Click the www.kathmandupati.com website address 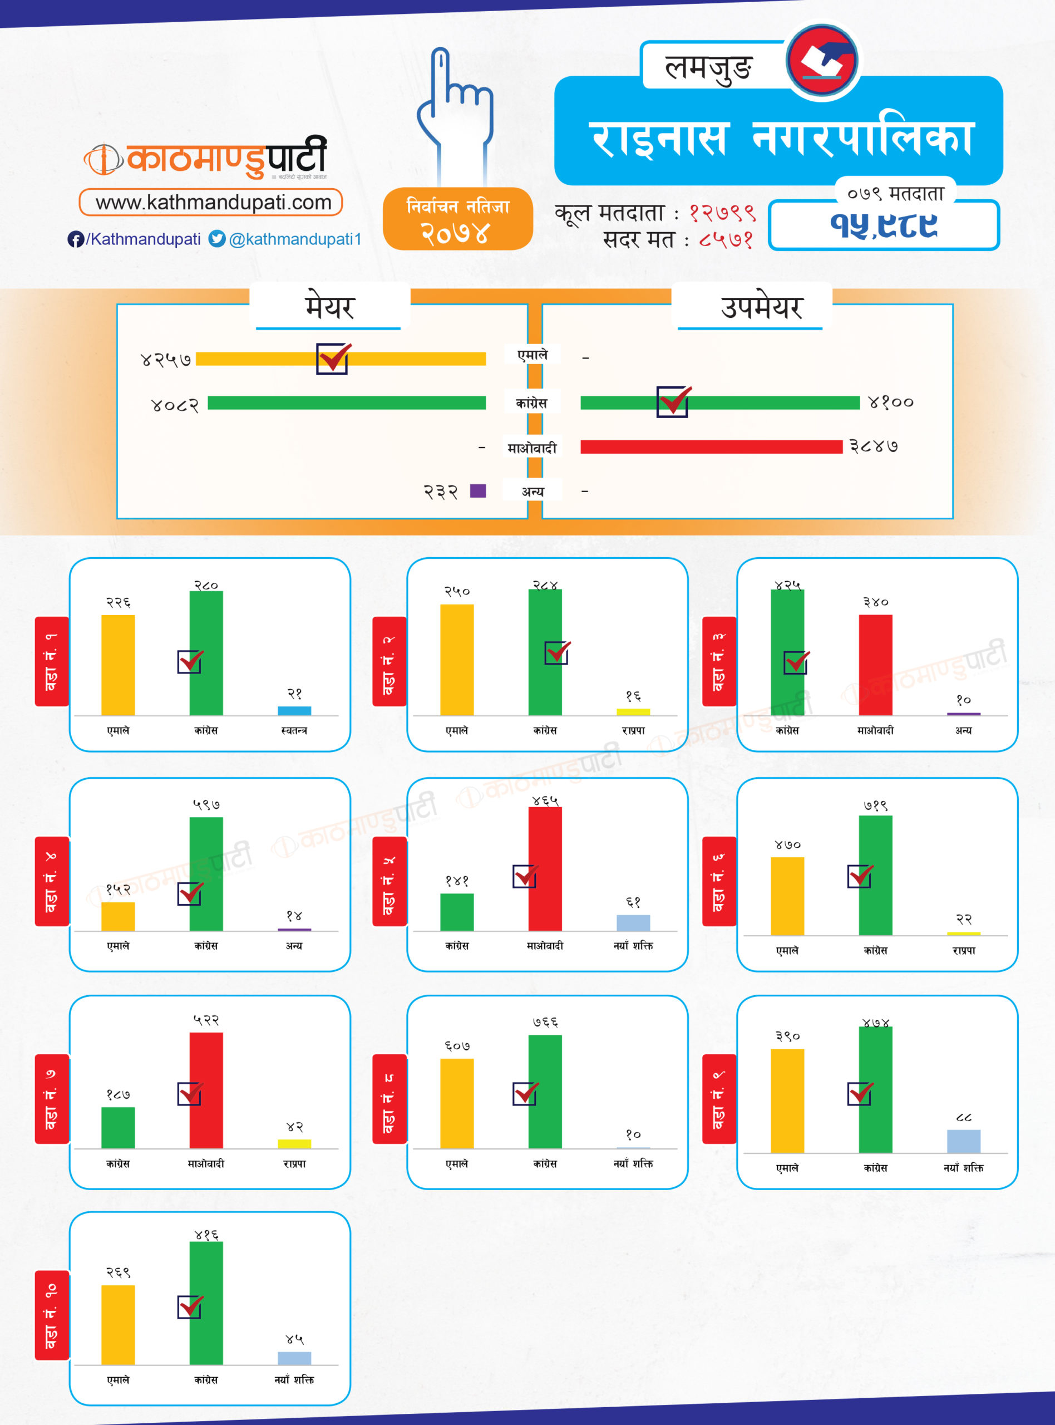pos(213,203)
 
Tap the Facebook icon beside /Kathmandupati pos(75,239)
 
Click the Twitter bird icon pos(217,239)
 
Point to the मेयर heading pos(329,307)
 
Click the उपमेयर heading pos(761,307)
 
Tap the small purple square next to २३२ pos(477,490)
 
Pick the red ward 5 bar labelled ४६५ pos(545,869)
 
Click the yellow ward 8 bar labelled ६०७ pos(457,1103)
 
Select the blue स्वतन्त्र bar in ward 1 pos(294,710)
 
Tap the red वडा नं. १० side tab pos(52,1316)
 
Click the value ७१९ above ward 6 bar pos(875,806)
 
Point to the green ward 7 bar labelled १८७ pos(118,1127)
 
